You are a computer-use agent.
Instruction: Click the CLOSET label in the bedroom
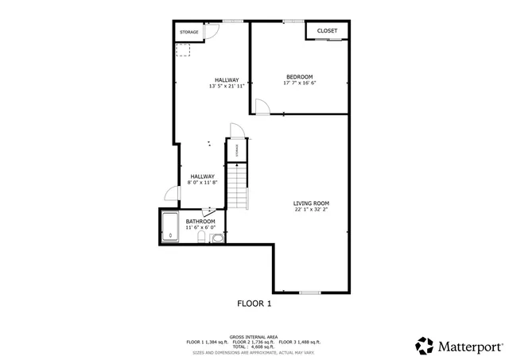[327, 31]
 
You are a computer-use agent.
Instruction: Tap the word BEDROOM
[299, 77]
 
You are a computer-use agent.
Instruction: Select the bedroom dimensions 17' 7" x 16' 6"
[299, 83]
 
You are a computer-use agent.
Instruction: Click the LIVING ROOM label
[311, 203]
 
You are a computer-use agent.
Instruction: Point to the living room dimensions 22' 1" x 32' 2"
[311, 210]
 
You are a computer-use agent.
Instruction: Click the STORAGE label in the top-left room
[188, 32]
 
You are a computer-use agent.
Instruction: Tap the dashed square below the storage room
[184, 49]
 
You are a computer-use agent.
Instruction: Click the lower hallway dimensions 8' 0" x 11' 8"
[202, 182]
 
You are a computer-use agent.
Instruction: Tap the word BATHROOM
[200, 222]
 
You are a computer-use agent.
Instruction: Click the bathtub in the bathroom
[170, 226]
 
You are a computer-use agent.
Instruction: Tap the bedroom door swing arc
[260, 106]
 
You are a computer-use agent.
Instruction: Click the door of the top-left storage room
[212, 32]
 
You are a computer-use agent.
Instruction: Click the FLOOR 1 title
[254, 304]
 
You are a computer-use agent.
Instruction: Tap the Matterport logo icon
[425, 345]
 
